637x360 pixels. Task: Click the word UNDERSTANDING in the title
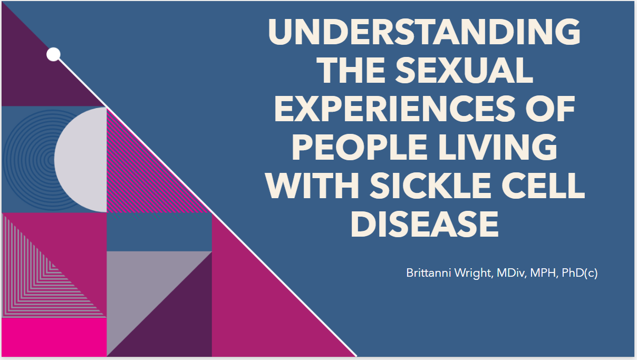tap(424, 32)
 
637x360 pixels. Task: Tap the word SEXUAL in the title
tap(465, 70)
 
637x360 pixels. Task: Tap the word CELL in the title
tap(543, 186)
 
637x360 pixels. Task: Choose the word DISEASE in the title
tap(424, 224)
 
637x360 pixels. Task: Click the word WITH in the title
tap(312, 186)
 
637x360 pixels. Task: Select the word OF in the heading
tap(550, 109)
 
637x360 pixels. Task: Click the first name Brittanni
tap(429, 273)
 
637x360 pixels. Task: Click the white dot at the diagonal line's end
tap(53, 54)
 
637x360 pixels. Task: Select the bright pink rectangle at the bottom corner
tap(54, 337)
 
